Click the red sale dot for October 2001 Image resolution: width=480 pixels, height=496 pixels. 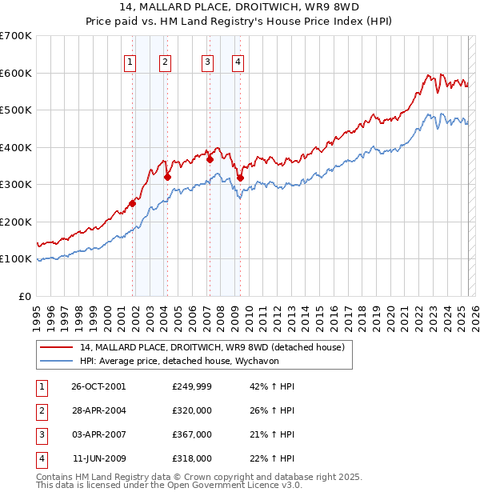point(133,203)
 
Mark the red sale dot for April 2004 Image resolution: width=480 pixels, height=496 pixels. point(168,178)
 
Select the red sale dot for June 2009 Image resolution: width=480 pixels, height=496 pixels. point(240,178)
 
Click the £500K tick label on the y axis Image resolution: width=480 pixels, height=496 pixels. point(16,110)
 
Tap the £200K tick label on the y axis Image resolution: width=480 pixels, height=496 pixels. point(16,222)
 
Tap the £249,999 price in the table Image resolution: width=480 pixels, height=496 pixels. point(191,386)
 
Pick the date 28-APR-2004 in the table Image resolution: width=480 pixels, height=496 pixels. point(98,410)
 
